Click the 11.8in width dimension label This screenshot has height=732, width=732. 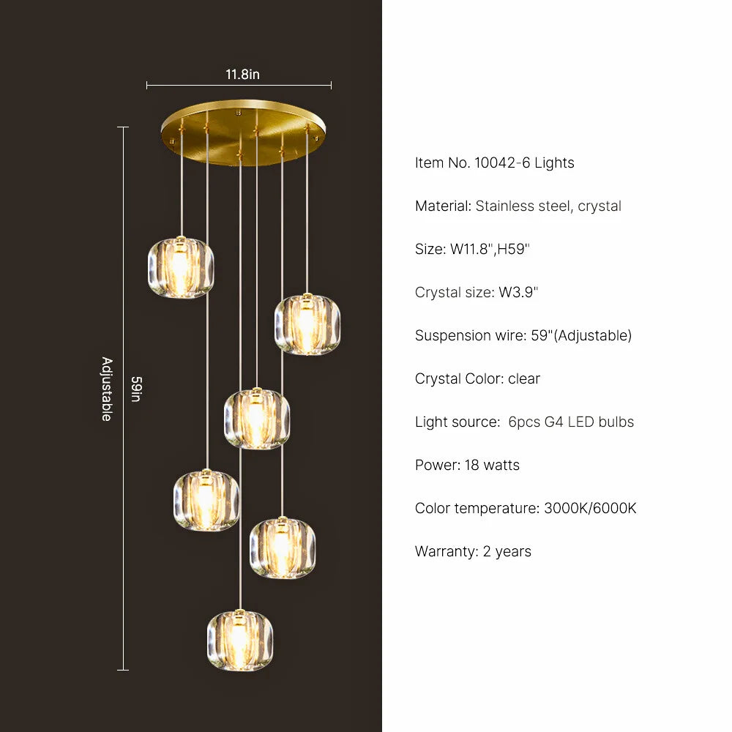(242, 74)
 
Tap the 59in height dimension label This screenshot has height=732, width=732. (136, 389)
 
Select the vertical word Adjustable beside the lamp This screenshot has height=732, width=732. (107, 389)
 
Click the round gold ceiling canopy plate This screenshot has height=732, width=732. (243, 132)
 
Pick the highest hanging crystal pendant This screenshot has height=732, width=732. (181, 267)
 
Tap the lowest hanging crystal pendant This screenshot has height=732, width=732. (240, 640)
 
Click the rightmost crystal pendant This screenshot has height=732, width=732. (307, 324)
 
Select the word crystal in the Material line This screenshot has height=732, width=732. (600, 206)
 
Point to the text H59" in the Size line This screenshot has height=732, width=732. (514, 249)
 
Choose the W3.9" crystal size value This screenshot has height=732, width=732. (518, 292)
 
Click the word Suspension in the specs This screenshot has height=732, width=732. (448, 336)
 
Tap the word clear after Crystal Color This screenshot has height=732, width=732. (524, 378)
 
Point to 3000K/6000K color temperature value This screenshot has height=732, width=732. (590, 508)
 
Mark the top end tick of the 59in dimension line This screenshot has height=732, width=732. (123, 127)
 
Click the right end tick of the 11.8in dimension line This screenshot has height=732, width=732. (331, 85)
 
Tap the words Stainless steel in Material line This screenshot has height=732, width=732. (524, 206)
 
